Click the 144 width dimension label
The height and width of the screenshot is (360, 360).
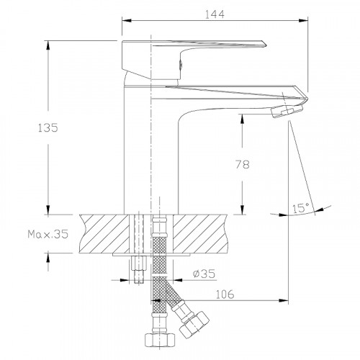coord(215,14)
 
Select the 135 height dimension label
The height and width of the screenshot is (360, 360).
coord(48,127)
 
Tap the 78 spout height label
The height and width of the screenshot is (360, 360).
coord(243,164)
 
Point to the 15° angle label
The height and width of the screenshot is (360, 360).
coord(301,208)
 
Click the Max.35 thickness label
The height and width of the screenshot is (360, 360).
coord(48,234)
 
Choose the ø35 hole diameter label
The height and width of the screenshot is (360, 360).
coord(204,274)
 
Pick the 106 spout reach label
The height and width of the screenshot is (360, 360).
coord(225,294)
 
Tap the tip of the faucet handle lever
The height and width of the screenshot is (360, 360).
coord(266,45)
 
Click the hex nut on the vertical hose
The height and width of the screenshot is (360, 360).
coord(160,340)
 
